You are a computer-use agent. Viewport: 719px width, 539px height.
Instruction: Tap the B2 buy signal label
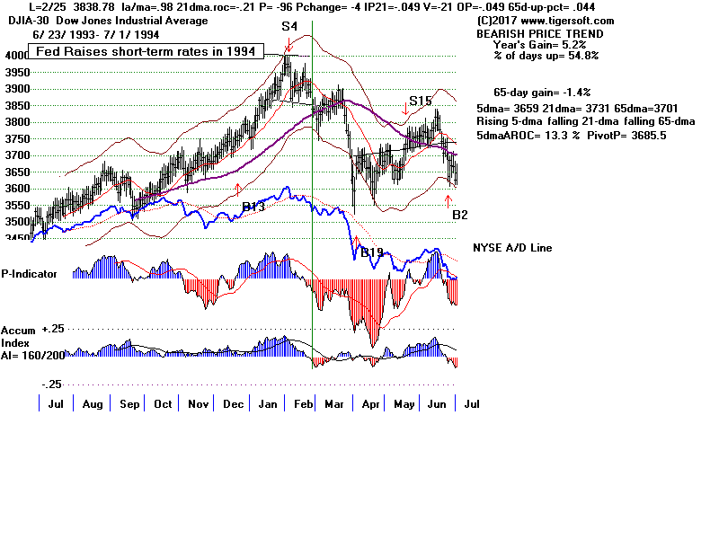(x=460, y=215)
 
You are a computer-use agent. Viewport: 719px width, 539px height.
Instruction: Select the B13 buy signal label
(x=254, y=208)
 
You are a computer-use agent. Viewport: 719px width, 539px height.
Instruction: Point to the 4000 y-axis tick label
(x=16, y=56)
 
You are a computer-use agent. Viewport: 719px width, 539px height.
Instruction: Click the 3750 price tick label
(x=16, y=139)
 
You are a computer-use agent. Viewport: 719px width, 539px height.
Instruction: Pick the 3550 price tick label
(x=16, y=206)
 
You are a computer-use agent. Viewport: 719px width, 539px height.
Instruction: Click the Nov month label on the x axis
(x=197, y=404)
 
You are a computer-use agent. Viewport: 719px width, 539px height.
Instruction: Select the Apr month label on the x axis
(x=368, y=404)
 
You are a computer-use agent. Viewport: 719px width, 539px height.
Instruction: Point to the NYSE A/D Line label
(x=512, y=247)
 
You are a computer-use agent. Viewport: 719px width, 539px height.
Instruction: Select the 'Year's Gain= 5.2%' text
(x=539, y=44)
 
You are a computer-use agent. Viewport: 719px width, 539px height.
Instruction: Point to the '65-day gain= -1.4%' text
(x=541, y=93)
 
